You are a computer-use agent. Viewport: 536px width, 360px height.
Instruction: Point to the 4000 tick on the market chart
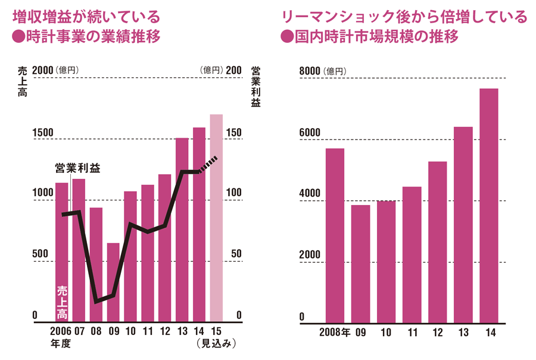[310, 194]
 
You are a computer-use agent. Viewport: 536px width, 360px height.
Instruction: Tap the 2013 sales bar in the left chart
[182, 229]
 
